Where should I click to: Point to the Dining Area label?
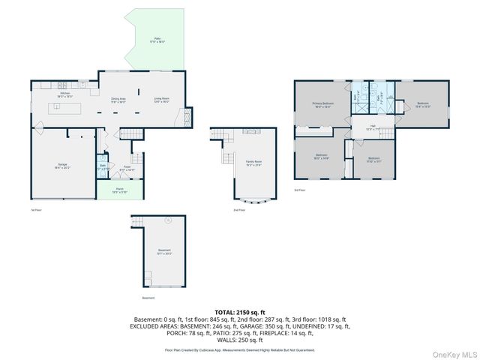coord(118,100)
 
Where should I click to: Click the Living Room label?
coord(161,100)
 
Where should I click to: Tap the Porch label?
coord(119,191)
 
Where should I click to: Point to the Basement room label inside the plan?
coord(164,252)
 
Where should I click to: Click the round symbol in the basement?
coord(169,221)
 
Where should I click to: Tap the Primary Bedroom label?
coord(323,105)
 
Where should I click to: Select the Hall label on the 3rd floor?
coord(369,127)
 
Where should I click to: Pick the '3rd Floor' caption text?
coord(299,190)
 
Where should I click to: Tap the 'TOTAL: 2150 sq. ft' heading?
coord(240,311)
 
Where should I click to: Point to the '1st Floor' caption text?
coord(36,210)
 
